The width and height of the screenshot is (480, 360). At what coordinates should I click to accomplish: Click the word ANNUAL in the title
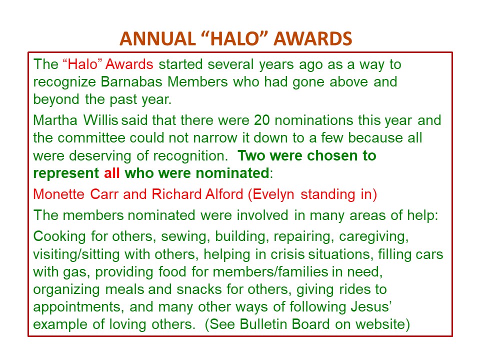click(x=157, y=38)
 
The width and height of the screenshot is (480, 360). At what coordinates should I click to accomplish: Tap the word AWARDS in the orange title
click(x=313, y=38)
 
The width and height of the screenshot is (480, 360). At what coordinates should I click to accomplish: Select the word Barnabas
click(x=131, y=81)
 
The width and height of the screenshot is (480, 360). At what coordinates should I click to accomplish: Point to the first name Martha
click(x=55, y=120)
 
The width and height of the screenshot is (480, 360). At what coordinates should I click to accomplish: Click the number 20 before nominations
click(x=261, y=120)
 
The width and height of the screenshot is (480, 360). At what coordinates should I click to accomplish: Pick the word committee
click(x=91, y=138)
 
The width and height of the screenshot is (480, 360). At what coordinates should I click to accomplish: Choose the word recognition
click(x=190, y=156)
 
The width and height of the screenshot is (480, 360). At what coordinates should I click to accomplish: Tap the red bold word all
click(x=111, y=173)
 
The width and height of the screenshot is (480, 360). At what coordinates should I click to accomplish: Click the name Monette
click(x=59, y=194)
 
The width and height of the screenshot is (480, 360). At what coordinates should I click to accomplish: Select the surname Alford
click(x=224, y=194)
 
